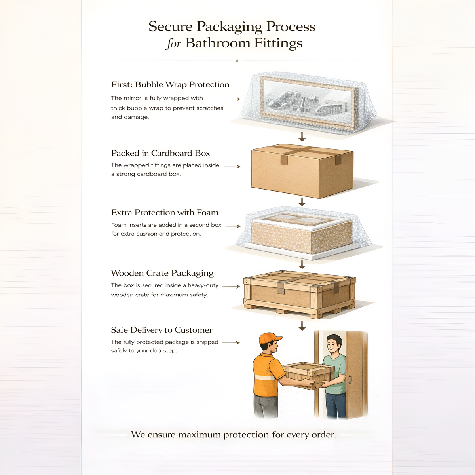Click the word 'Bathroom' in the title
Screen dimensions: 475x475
pyautogui.click(x=218, y=43)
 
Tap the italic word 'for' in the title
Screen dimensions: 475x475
pyautogui.click(x=174, y=44)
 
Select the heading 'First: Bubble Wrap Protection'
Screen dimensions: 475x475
pyautogui.click(x=170, y=85)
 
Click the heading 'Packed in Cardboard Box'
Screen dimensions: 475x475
pyautogui.click(x=160, y=153)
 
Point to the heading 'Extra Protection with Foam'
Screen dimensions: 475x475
pyautogui.click(x=165, y=213)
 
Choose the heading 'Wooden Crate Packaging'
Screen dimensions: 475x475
pyautogui.click(x=162, y=273)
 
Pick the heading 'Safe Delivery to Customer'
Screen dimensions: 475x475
pyautogui.click(x=161, y=330)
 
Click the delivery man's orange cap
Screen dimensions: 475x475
pyautogui.click(x=270, y=338)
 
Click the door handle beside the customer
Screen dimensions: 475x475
pyautogui.click(x=349, y=379)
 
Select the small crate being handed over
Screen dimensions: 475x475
pyautogui.click(x=309, y=375)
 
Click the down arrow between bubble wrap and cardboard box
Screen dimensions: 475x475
pyautogui.click(x=302, y=137)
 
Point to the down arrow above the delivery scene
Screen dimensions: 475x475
pyautogui.click(x=302, y=326)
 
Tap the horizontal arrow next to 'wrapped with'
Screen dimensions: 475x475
pyautogui.click(x=225, y=99)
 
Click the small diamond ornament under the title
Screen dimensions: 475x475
pyautogui.click(x=237, y=61)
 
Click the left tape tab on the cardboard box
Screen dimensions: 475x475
pyautogui.click(x=284, y=160)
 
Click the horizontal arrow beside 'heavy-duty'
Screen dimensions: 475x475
pyautogui.click(x=231, y=287)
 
